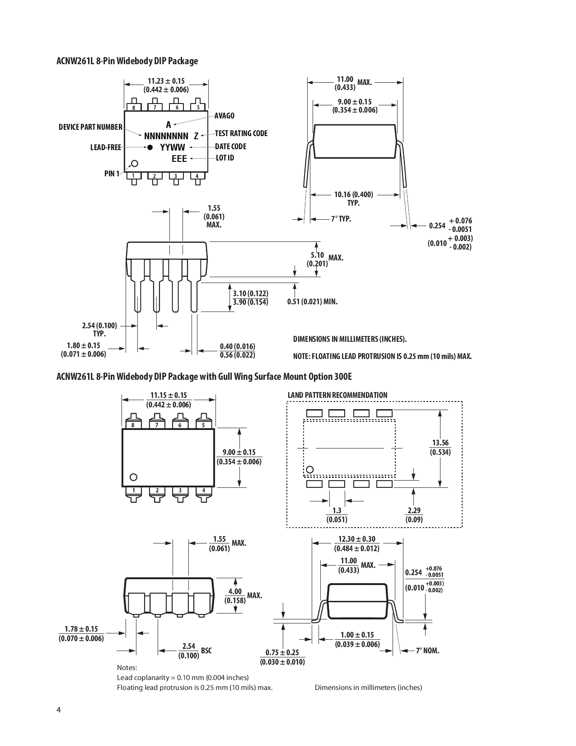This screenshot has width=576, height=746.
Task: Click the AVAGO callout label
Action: pyautogui.click(x=225, y=116)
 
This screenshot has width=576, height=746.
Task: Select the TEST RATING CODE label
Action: pyautogui.click(x=241, y=133)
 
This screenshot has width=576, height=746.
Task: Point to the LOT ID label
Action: pyautogui.click(x=225, y=158)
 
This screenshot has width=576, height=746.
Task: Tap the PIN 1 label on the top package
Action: pyautogui.click(x=112, y=174)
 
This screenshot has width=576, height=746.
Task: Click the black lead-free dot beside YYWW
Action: pyautogui.click(x=150, y=147)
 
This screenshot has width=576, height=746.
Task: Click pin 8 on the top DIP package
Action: pyautogui.click(x=134, y=108)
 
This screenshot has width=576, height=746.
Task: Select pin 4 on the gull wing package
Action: pyautogui.click(x=204, y=491)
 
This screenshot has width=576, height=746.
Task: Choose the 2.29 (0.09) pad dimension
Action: pyautogui.click(x=414, y=515)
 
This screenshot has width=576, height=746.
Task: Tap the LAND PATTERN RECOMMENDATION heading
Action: pyautogui.click(x=337, y=395)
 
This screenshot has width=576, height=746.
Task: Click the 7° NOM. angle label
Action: pyautogui.click(x=427, y=651)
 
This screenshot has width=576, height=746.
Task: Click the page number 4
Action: pyautogui.click(x=58, y=709)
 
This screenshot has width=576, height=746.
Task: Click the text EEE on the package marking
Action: pyautogui.click(x=179, y=159)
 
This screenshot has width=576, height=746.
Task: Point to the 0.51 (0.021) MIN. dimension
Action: pyautogui.click(x=312, y=302)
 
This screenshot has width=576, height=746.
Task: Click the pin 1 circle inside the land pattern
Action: pyautogui.click(x=309, y=469)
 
